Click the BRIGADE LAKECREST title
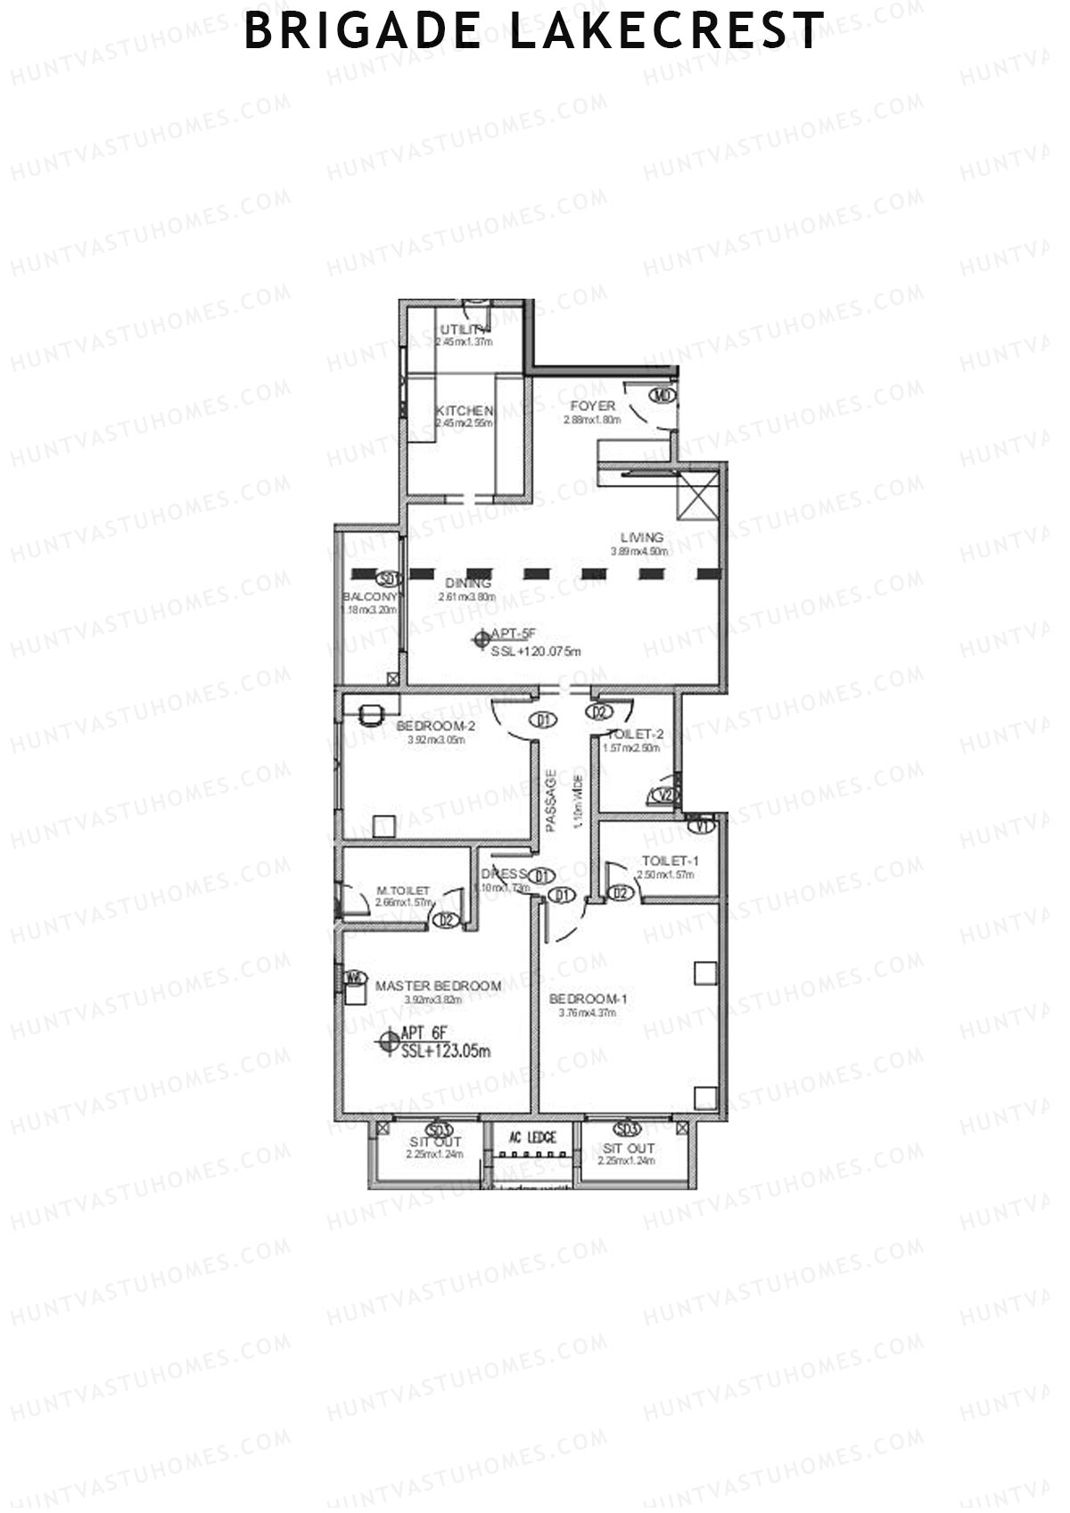click(534, 31)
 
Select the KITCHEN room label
click(464, 410)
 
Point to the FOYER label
click(592, 406)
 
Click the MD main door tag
click(662, 395)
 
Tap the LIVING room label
click(642, 537)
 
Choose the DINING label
click(468, 583)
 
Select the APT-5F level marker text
click(514, 634)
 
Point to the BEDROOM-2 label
click(436, 726)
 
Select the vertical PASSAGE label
click(551, 798)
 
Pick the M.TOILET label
click(403, 891)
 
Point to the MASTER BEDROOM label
click(438, 985)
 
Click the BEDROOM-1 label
click(588, 999)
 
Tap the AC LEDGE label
click(532, 1138)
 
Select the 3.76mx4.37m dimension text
click(588, 1013)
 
